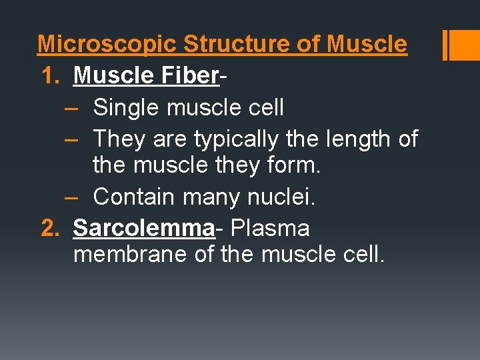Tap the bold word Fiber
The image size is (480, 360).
(189, 76)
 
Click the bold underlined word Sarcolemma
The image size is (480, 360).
(143, 228)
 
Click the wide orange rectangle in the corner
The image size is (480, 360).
(465, 45)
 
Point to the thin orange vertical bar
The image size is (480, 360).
(445, 45)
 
